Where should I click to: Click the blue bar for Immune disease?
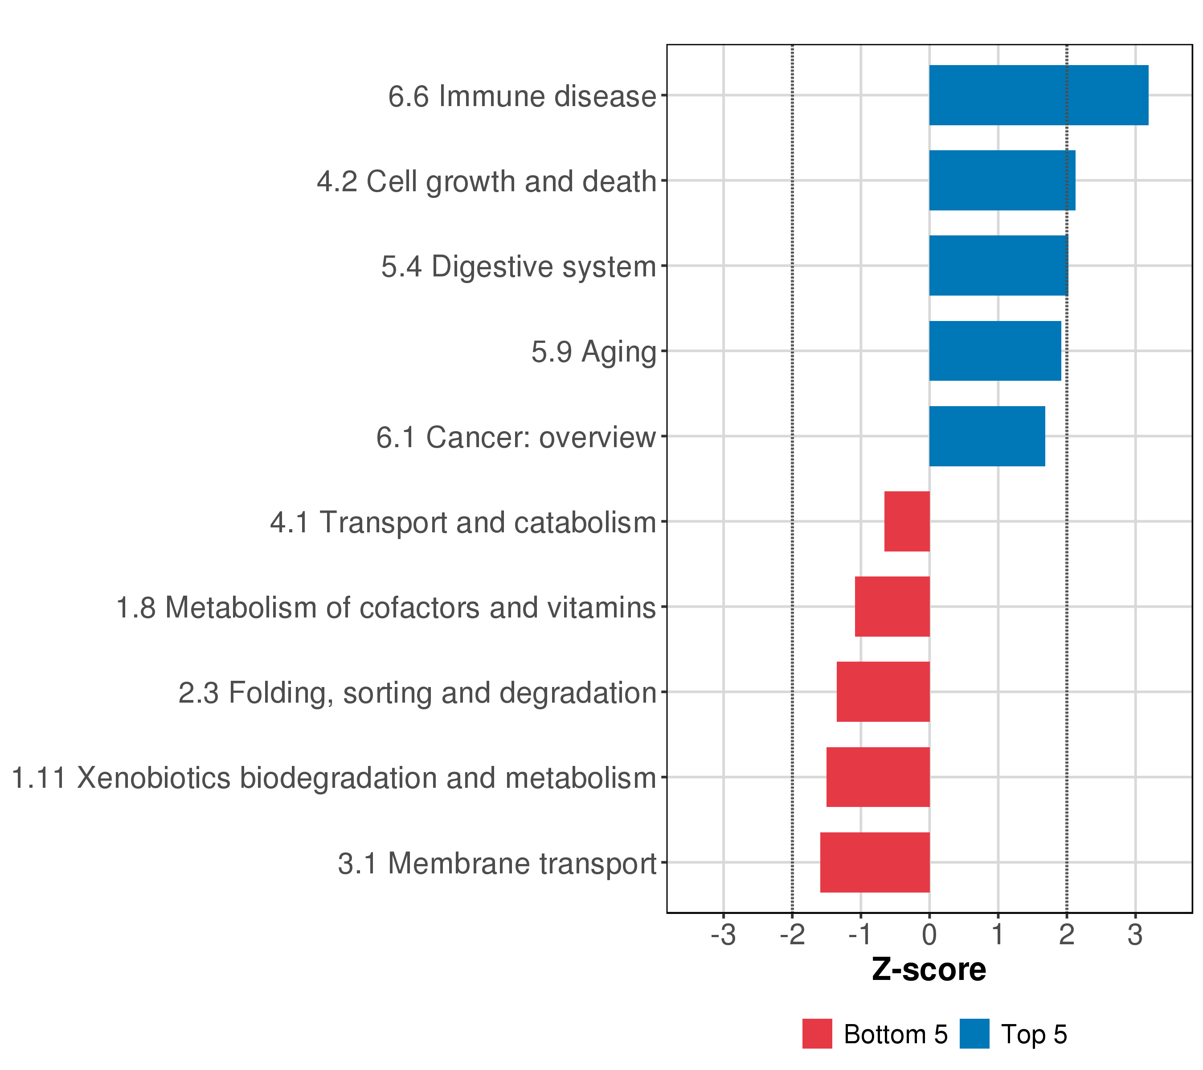(1038, 95)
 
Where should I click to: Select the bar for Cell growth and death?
(1002, 180)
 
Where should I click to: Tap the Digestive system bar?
(998, 266)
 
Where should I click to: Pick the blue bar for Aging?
(994, 351)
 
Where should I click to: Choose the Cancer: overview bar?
(987, 436)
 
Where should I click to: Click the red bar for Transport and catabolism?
(907, 521)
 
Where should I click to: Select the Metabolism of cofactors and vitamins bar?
(892, 606)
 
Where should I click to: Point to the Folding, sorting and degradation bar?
(883, 692)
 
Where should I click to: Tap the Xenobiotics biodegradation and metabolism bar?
(878, 778)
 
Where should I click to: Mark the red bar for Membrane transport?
(875, 862)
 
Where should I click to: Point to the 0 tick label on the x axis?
(929, 935)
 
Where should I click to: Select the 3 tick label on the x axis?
(1135, 935)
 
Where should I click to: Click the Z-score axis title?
(929, 969)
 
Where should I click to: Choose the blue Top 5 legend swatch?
(974, 1034)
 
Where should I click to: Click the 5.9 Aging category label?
(593, 352)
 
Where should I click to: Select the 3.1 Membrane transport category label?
(497, 864)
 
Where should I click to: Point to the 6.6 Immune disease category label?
(522, 97)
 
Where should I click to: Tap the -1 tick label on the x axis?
(860, 935)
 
